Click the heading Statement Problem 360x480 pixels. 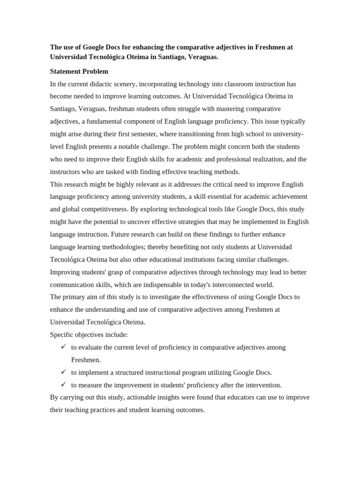79,72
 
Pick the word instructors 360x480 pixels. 66,172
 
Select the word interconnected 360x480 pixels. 236,285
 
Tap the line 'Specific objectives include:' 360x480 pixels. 89,335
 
